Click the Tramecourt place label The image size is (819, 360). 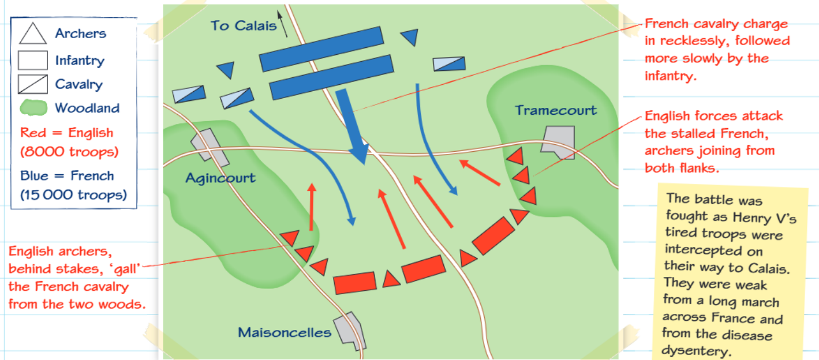[x=556, y=110]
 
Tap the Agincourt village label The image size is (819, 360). [x=220, y=178]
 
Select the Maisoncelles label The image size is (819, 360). [x=285, y=332]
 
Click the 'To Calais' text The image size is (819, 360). [x=244, y=25]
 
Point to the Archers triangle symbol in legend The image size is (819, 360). [x=32, y=33]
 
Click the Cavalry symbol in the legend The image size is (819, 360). [x=32, y=84]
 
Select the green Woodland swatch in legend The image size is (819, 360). [x=33, y=108]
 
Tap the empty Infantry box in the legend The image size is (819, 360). [x=32, y=60]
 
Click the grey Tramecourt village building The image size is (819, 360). [x=558, y=142]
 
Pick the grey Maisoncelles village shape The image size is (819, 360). [x=350, y=331]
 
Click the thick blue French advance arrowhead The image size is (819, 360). [x=360, y=153]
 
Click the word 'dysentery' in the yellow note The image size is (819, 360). [x=696, y=351]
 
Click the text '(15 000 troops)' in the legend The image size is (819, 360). [x=73, y=195]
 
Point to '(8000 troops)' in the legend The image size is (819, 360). [x=69, y=152]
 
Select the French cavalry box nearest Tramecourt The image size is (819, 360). [x=449, y=64]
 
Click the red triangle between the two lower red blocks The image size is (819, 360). [x=391, y=280]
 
